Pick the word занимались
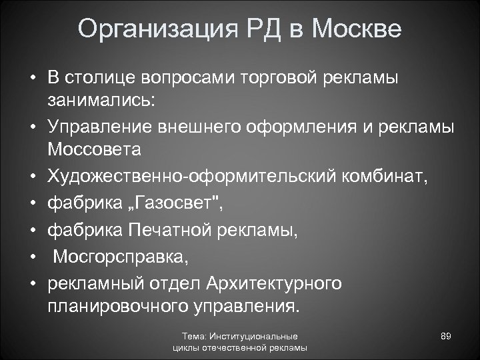pyautogui.click(x=99, y=101)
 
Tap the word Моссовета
pyautogui.click(x=94, y=149)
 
